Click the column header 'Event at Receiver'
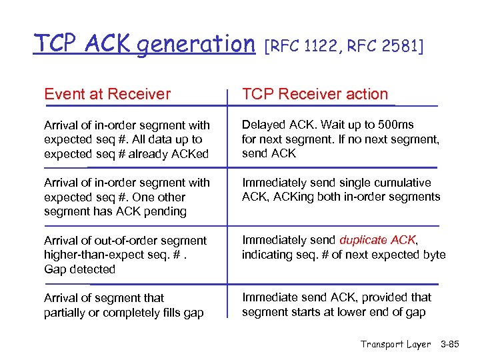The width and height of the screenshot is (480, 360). coord(107,95)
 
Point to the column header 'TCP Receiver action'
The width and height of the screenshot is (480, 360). coord(315,95)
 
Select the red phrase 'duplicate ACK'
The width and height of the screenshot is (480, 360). coord(377,240)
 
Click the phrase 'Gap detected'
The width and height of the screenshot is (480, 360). coord(79,269)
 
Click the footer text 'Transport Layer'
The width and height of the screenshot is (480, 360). coord(396,344)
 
